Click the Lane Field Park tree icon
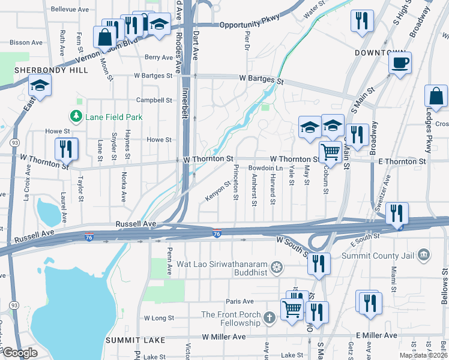[76, 117]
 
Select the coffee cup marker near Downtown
[400, 62]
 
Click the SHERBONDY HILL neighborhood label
[51, 70]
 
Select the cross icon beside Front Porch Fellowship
[270, 316]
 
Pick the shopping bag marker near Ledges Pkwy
[436, 96]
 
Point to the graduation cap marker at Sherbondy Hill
[40, 86]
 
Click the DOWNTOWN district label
[382, 53]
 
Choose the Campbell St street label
[154, 100]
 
